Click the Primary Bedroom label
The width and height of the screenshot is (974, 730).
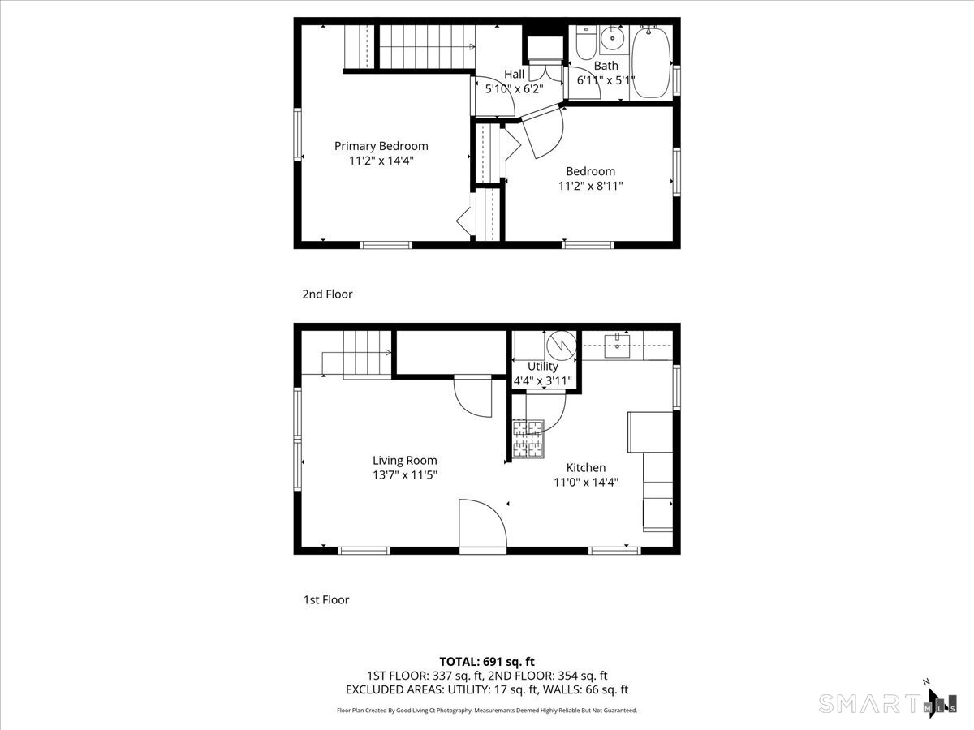pyautogui.click(x=381, y=146)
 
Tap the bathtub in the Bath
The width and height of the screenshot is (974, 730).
pyautogui.click(x=650, y=62)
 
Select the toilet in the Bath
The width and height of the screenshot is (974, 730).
pyautogui.click(x=586, y=43)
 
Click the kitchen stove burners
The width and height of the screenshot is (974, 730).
pyautogui.click(x=528, y=440)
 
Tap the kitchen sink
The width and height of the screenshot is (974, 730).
pyautogui.click(x=617, y=346)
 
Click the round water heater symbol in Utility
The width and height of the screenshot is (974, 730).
pyautogui.click(x=562, y=346)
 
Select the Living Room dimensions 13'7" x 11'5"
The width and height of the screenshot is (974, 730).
pyautogui.click(x=405, y=475)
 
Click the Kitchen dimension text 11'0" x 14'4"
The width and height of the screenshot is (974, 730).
pyautogui.click(x=586, y=483)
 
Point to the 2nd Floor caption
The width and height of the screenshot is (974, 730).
pyautogui.click(x=327, y=294)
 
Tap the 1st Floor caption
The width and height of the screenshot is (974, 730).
pyautogui.click(x=326, y=600)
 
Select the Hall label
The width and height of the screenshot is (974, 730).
pyautogui.click(x=514, y=74)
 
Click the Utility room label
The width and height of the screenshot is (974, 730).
pyautogui.click(x=543, y=367)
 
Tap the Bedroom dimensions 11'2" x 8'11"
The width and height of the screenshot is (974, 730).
pyautogui.click(x=590, y=186)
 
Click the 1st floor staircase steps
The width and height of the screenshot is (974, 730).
pyautogui.click(x=368, y=354)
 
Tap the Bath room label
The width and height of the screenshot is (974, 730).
pyautogui.click(x=606, y=66)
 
